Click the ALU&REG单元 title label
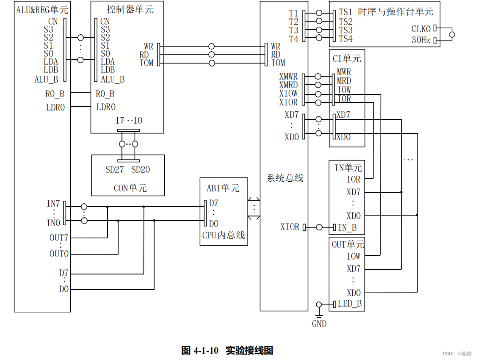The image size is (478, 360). (x=42, y=9)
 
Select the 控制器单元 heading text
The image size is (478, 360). (x=127, y=9)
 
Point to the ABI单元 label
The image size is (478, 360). (x=223, y=188)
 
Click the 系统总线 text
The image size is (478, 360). (x=285, y=178)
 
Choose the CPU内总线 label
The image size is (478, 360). (x=224, y=235)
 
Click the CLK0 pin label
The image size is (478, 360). (x=421, y=29)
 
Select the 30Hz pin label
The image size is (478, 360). (x=421, y=41)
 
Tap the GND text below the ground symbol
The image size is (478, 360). (x=319, y=324)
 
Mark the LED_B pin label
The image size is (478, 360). (x=349, y=304)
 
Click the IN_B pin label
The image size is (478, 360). (x=347, y=228)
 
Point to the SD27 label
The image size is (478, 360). (x=114, y=170)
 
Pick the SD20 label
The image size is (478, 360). (x=141, y=170)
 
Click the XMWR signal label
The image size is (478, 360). (x=288, y=77)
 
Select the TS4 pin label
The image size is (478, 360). (x=345, y=39)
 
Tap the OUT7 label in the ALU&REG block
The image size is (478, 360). (x=59, y=238)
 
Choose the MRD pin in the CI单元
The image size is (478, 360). (x=344, y=81)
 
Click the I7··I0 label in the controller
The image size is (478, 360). (x=129, y=121)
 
